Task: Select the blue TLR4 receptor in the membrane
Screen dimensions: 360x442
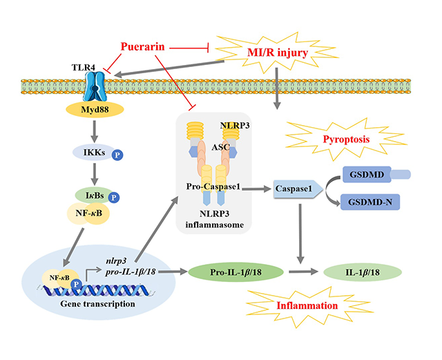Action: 94,87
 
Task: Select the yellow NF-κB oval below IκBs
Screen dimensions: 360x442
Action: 94,215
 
